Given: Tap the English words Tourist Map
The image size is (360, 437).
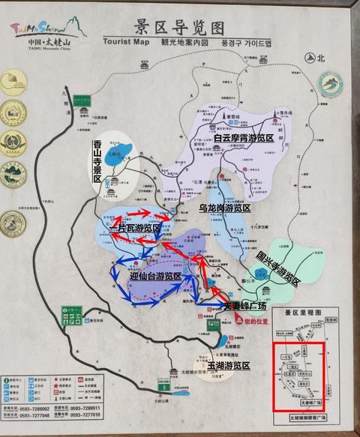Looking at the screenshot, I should [x=128, y=43].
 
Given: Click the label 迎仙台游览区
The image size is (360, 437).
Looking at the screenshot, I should [x=155, y=277].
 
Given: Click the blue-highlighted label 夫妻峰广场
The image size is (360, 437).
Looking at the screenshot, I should [x=244, y=306].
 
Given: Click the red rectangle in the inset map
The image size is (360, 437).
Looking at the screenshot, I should [x=298, y=377].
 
